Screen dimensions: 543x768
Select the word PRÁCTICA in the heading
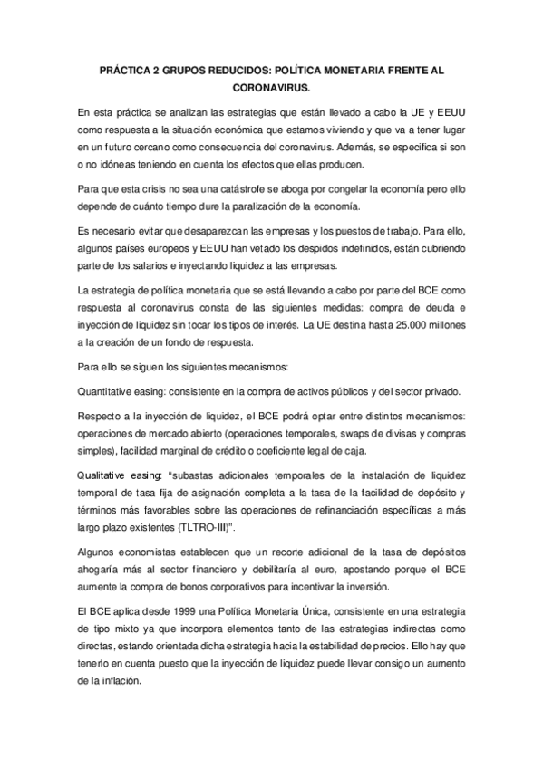click(129, 69)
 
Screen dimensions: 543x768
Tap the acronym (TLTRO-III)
click(283, 525)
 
